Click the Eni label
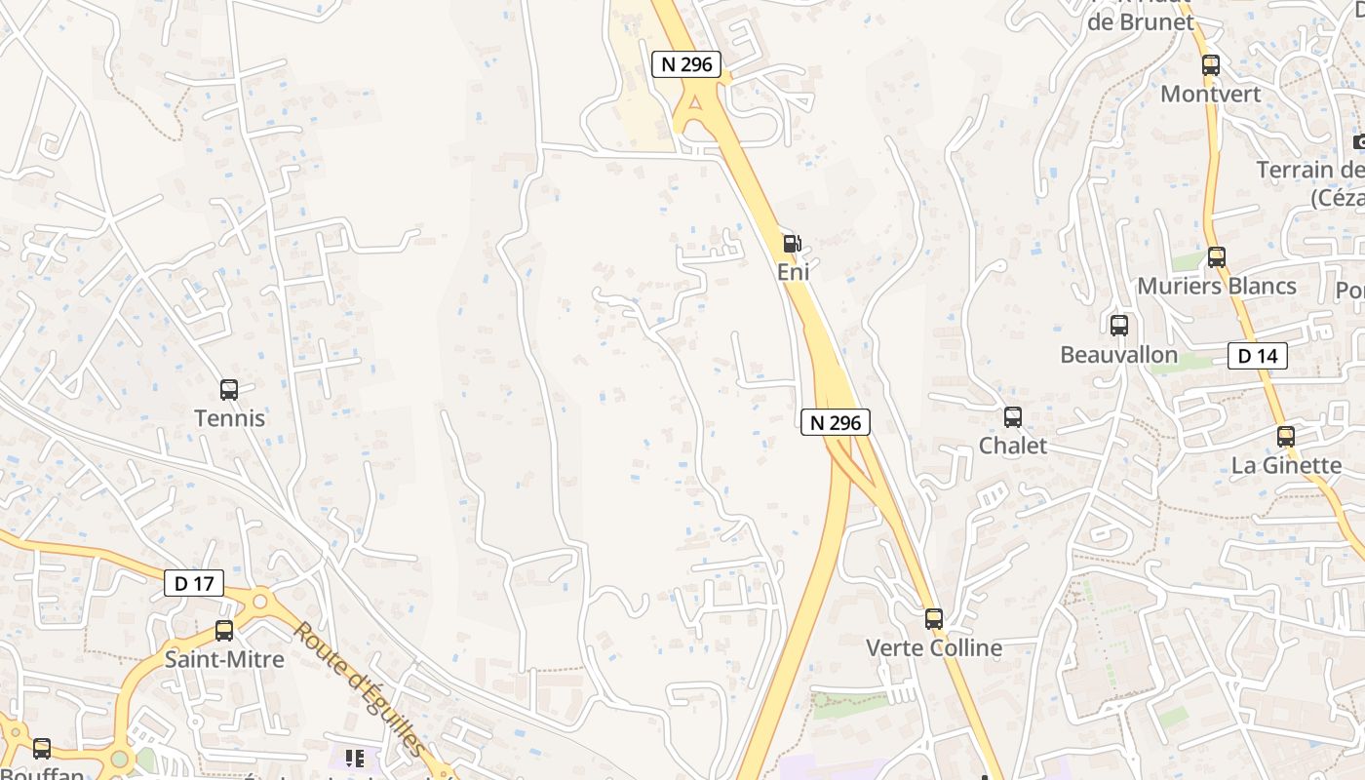[793, 272]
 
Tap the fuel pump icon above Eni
[793, 244]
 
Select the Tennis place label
[229, 418]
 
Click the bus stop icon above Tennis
[229, 390]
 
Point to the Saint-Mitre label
[224, 659]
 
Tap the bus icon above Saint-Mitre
[224, 631]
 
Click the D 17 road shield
[194, 584]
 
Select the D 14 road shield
[1257, 356]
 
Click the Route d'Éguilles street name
[360, 688]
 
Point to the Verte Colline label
[934, 647]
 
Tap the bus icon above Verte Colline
[934, 619]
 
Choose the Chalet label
[1013, 446]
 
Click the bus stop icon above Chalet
[1013, 417]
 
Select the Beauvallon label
[1119, 354]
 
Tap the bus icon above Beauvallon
[1119, 326]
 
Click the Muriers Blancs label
[1217, 286]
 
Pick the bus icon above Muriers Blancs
[1217, 257]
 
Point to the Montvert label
[1211, 94]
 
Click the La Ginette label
[1286, 465]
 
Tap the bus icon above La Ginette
[1286, 437]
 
